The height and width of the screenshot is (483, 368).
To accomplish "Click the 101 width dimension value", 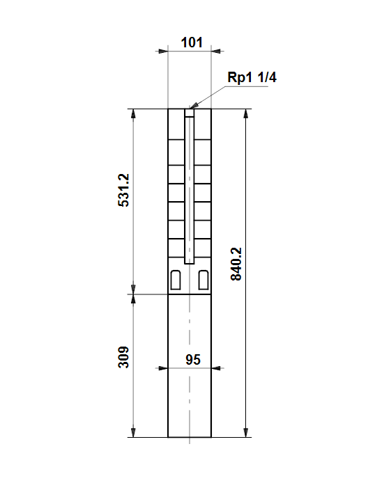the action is [x=192, y=42].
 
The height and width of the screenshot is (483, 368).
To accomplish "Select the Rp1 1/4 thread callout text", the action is [x=252, y=77].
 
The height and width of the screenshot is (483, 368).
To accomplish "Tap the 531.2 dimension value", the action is [x=124, y=190].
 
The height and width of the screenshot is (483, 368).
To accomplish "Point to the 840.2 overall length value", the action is [x=236, y=264].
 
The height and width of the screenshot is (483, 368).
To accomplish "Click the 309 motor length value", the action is [x=123, y=357].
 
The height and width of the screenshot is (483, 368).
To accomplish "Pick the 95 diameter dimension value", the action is [x=193, y=360].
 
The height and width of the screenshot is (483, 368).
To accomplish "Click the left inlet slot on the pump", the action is [x=176, y=280].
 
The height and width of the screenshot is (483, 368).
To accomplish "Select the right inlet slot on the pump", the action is [x=204, y=280].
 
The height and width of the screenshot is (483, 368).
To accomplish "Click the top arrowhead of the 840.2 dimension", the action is [x=246, y=113].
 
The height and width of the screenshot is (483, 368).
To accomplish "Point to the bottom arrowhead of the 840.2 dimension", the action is [x=246, y=432].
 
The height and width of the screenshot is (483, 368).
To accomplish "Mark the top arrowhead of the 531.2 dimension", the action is [x=133, y=113].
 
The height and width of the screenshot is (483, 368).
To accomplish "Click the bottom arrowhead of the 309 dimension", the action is [x=133, y=432].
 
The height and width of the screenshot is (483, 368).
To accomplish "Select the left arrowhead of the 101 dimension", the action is [x=163, y=51].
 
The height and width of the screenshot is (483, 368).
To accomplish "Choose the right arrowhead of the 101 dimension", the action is [x=216, y=51].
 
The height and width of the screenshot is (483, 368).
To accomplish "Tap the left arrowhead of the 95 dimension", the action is [x=163, y=368].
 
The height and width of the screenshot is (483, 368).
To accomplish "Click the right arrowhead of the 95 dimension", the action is [x=216, y=368].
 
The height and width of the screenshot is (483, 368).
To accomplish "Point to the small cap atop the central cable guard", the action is [x=190, y=113].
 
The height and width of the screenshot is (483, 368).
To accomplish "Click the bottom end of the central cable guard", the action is [x=190, y=264].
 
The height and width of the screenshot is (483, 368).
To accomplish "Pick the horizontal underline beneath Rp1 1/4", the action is [x=247, y=86].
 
